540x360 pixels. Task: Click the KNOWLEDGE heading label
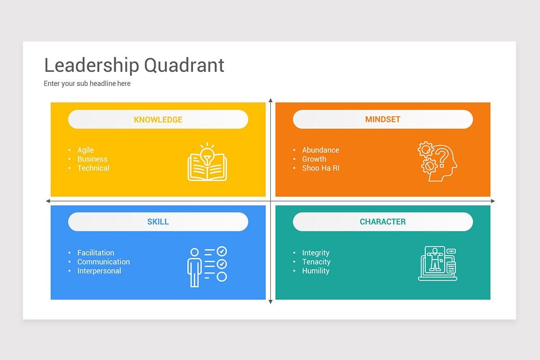(158, 120)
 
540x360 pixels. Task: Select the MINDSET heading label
(382, 119)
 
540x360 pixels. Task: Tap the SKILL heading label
(158, 221)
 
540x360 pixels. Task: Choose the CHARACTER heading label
(382, 221)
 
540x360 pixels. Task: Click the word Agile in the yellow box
(85, 150)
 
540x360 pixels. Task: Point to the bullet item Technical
(93, 168)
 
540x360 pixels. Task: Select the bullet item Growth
(314, 159)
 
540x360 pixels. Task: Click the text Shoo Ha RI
(320, 168)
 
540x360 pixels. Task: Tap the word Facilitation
(96, 253)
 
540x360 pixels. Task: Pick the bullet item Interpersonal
(99, 271)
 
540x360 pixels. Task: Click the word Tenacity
(316, 262)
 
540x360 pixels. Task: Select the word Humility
(316, 271)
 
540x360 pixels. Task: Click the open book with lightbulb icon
(207, 162)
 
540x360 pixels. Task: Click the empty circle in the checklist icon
(221, 277)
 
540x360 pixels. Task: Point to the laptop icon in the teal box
(437, 263)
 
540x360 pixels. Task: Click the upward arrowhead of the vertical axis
(270, 100)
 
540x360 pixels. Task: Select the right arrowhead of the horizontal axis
(493, 201)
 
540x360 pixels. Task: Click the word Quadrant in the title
(184, 65)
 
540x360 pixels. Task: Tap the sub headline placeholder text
(87, 83)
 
